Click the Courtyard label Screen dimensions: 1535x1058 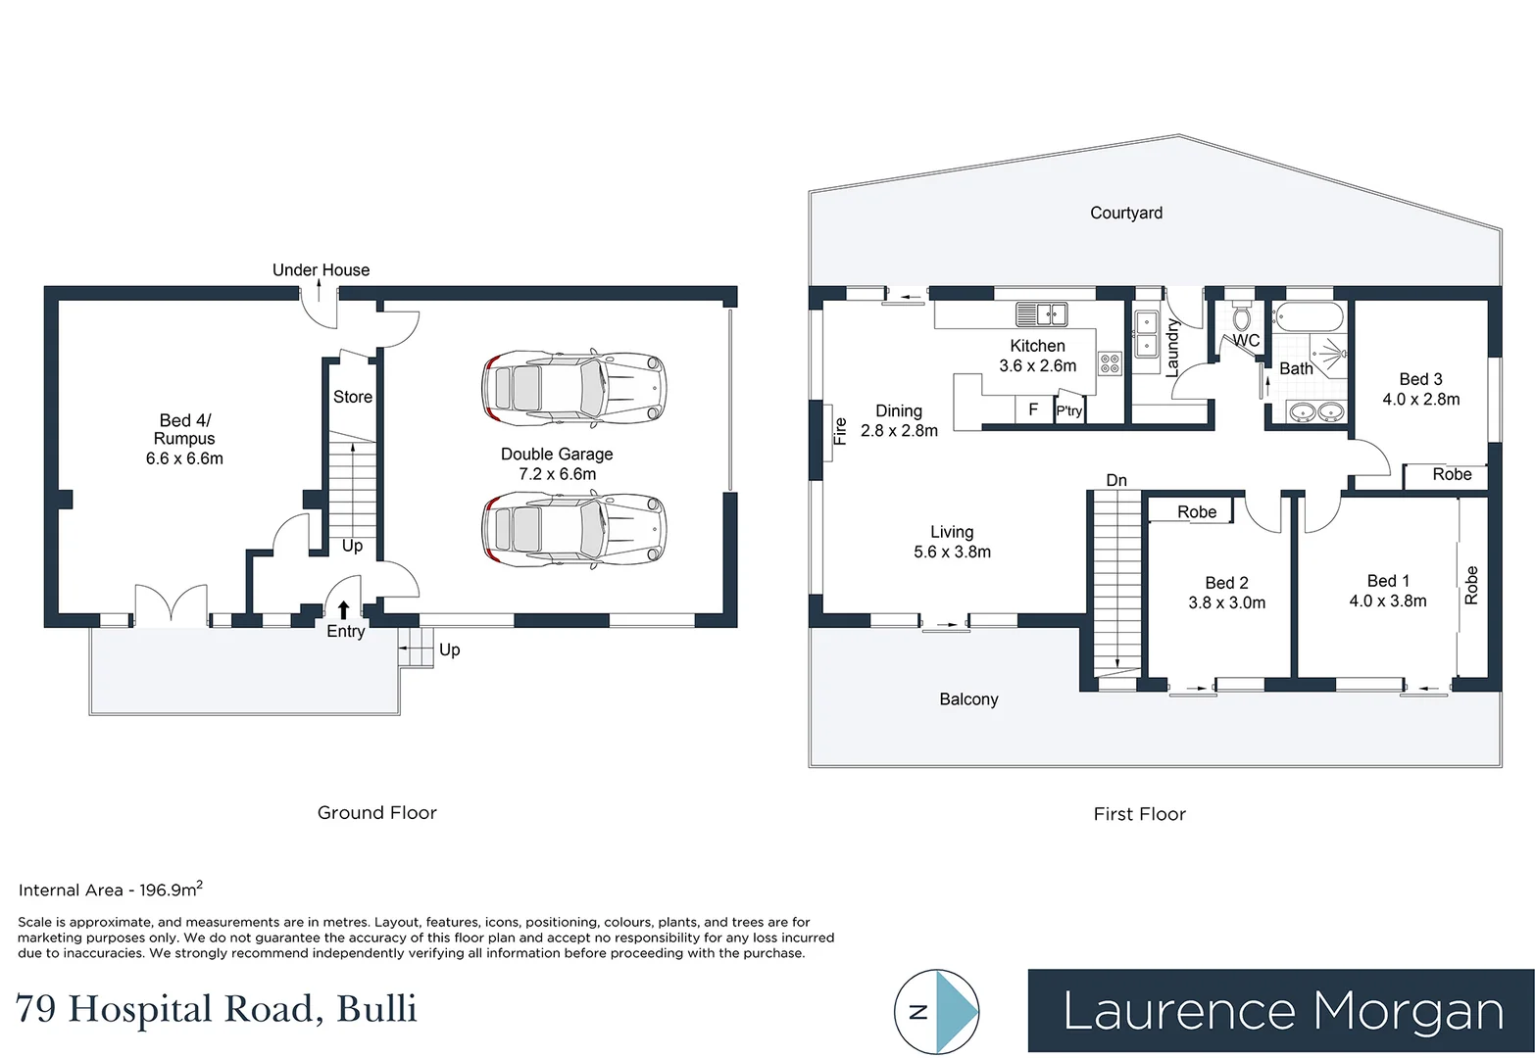pos(1126,213)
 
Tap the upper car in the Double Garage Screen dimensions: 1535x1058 pos(574,388)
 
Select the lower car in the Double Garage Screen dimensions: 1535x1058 pos(574,528)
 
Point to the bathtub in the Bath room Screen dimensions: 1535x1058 pos(1309,317)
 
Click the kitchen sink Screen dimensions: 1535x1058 pos(1042,314)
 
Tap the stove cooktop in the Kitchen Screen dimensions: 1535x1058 pos(1111,363)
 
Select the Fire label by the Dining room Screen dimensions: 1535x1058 pos(840,431)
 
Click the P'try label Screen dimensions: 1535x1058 pos(1069,410)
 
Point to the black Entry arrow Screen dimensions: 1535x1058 pos(343,609)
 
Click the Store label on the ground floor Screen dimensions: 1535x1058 pos(353,397)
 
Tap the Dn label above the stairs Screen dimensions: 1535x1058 pos(1116,480)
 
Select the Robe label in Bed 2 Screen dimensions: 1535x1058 pos(1197,511)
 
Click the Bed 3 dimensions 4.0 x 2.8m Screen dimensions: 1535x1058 pos(1421,399)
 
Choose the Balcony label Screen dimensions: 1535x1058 pos(969,699)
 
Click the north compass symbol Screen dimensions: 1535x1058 pos(937,1011)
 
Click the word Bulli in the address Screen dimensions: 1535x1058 pos(377,1009)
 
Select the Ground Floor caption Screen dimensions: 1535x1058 pos(377,813)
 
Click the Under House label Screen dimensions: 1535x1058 pos(321,269)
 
